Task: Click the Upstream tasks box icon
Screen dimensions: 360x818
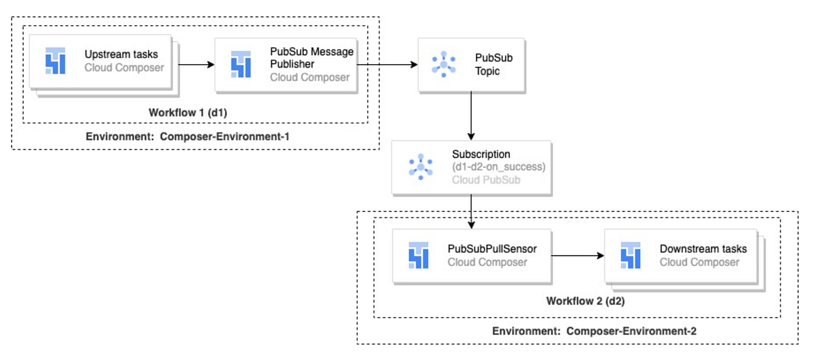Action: coord(55,61)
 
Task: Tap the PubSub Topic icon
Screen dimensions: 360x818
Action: coord(444,64)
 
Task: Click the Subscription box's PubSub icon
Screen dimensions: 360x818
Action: coord(421,167)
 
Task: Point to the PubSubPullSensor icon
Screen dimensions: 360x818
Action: coord(418,256)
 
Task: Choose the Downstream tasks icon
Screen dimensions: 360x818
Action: coord(630,256)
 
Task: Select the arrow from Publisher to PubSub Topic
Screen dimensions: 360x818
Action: coord(386,65)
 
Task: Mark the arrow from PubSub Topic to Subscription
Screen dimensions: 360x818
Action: coord(471,116)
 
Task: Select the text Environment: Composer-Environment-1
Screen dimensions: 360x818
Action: coord(187,136)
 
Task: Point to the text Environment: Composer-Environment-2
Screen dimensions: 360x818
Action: coord(594,331)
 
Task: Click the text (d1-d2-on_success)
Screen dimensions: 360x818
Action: coord(498,167)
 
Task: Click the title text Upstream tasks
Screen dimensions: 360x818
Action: coord(121,54)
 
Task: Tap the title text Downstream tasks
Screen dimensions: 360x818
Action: coord(703,249)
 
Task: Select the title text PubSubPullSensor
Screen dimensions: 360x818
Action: coord(492,249)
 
